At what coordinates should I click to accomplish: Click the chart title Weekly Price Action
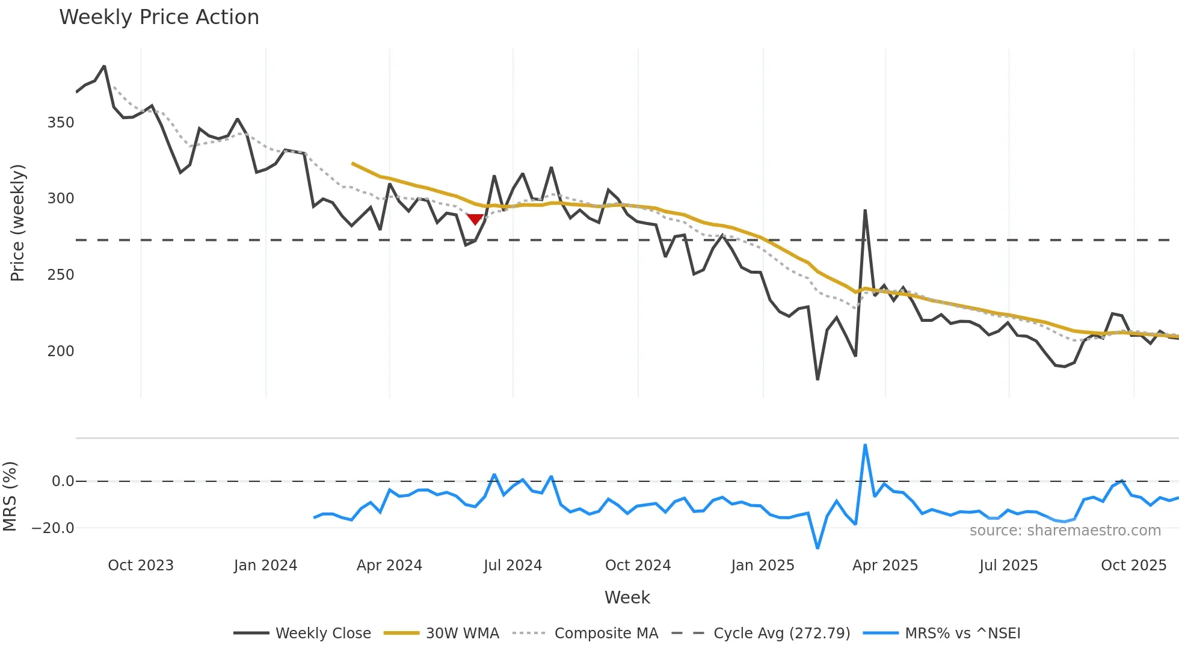tap(159, 17)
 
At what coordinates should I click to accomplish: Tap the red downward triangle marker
tap(475, 220)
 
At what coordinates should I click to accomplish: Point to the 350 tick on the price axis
tap(61, 123)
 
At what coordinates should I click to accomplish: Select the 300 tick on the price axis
tap(61, 199)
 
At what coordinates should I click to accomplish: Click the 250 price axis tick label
tap(61, 275)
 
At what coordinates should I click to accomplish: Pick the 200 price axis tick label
tap(61, 351)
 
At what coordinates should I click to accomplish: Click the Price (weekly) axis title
tap(18, 223)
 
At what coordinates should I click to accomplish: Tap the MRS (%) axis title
tap(10, 496)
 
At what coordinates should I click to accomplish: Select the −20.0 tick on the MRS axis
tap(53, 528)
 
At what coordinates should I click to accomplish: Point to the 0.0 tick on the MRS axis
tap(63, 481)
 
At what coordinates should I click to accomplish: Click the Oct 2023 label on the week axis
tap(141, 566)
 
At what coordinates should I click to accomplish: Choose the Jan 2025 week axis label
tap(763, 566)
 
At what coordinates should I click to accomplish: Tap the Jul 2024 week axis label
tap(513, 566)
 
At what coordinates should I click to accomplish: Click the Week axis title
tap(627, 597)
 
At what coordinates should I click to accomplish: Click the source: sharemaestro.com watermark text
tap(1065, 531)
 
